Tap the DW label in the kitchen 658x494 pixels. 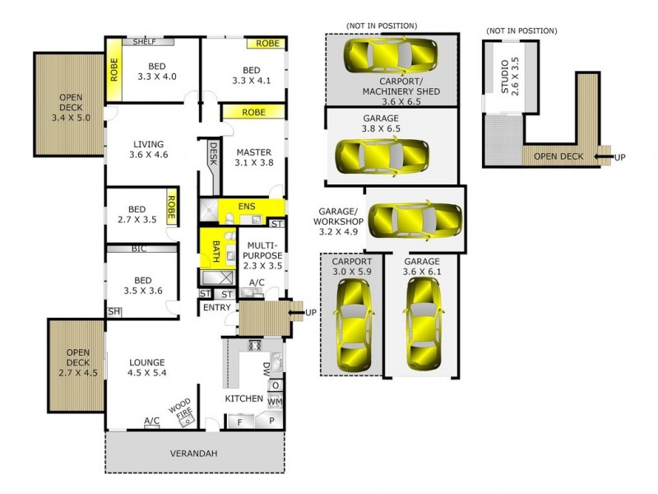[x=266, y=369]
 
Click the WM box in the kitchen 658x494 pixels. [x=275, y=401]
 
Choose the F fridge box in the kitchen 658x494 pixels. [x=241, y=421]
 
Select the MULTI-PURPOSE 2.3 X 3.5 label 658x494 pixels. [x=262, y=256]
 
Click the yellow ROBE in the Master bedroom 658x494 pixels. [x=253, y=112]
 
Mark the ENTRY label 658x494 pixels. [x=216, y=308]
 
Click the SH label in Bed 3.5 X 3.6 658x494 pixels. [x=113, y=311]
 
